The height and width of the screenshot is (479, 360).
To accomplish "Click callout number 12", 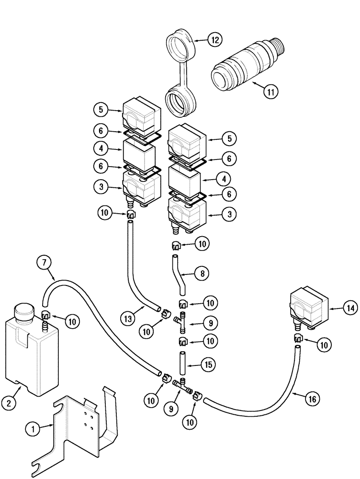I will (215, 40).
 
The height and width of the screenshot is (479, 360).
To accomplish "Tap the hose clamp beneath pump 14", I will (298, 339).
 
